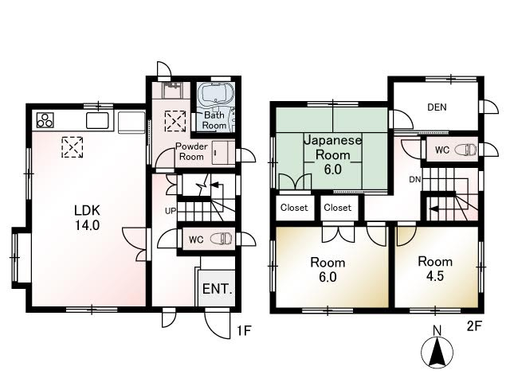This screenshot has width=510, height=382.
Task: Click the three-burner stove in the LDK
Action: pyautogui.click(x=45, y=120)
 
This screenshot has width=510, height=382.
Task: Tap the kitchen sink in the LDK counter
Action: pyautogui.click(x=97, y=120)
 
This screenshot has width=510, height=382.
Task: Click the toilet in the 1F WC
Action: pyautogui.click(x=222, y=239)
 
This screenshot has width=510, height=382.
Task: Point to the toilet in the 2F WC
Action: pyautogui.click(x=465, y=150)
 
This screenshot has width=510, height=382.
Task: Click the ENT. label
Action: pyautogui.click(x=218, y=289)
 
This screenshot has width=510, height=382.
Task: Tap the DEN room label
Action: pyautogui.click(x=437, y=107)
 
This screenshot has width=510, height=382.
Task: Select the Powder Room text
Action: pyautogui.click(x=191, y=151)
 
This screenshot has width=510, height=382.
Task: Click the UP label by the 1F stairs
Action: pyautogui.click(x=171, y=211)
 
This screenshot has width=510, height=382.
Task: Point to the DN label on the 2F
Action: pyautogui.click(x=414, y=179)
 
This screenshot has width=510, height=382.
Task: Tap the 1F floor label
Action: pyautogui.click(x=244, y=331)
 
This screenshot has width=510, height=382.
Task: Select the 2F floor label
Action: pyautogui.click(x=473, y=325)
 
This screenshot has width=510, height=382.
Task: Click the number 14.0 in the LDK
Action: pyautogui.click(x=88, y=224)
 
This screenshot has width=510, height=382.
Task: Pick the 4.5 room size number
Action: pyautogui.click(x=435, y=276)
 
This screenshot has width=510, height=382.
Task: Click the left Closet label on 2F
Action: pyautogui.click(x=294, y=208)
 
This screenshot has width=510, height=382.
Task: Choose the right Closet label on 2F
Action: pyautogui.click(x=338, y=208)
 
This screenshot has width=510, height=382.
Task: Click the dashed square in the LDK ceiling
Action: pyautogui.click(x=73, y=147)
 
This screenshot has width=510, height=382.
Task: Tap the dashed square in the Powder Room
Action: pyautogui.click(x=175, y=121)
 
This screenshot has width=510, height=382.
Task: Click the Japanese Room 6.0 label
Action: pyautogui.click(x=333, y=154)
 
